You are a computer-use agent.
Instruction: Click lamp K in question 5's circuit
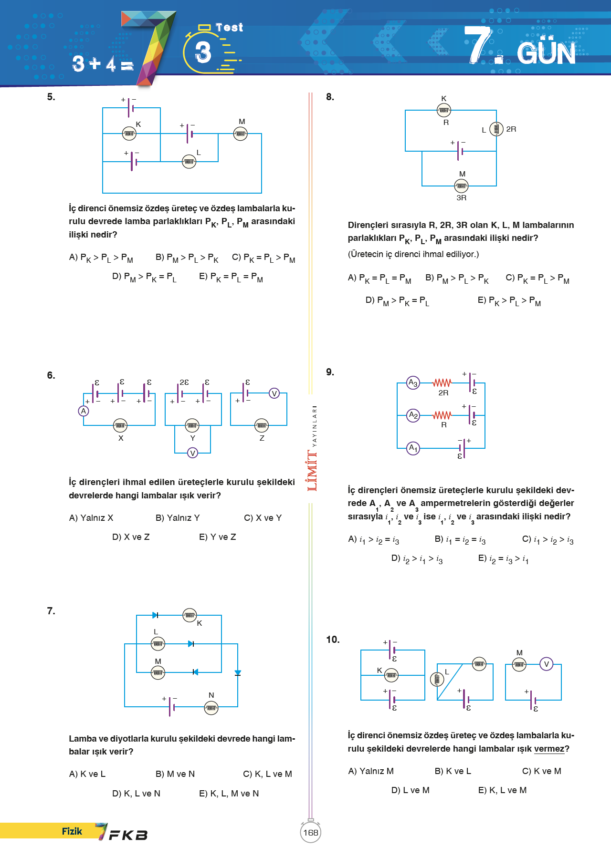129,134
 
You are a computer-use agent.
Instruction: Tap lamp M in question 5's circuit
241,134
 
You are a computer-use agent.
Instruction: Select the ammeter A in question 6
84,411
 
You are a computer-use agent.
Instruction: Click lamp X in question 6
120,425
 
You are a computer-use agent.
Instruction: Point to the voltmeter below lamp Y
192,453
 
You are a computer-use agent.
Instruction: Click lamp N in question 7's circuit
211,708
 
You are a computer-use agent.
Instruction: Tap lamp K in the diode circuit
190,615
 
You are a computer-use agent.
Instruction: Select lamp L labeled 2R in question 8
496,129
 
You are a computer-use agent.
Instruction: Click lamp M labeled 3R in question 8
461,186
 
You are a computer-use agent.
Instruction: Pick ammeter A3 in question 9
413,383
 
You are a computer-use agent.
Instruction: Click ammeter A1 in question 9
413,448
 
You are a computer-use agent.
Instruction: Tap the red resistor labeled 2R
442,383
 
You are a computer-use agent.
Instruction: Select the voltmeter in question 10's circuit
547,664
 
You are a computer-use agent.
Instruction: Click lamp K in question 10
391,675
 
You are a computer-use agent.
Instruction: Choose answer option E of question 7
229,794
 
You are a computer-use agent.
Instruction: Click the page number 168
311,833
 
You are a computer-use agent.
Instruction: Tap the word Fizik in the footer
72,831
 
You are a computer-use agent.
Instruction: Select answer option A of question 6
91,518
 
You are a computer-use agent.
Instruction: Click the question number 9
330,372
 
